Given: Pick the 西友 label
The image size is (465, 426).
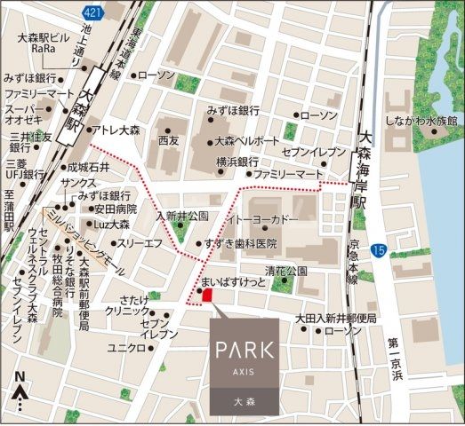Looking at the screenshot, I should (169, 140).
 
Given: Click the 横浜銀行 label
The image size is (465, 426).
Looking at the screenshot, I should (237, 162).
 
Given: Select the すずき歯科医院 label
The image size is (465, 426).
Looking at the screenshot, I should (241, 242).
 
